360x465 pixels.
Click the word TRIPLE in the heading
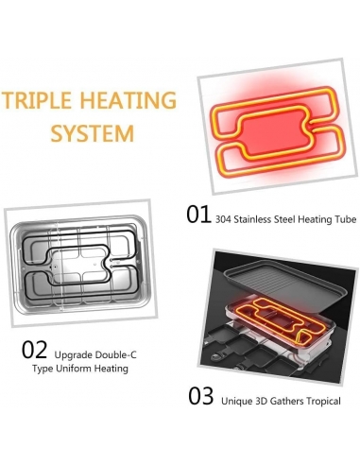[36, 100]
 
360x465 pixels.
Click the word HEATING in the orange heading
[128, 100]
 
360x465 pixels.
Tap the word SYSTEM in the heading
[93, 133]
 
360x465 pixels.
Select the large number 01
[198, 215]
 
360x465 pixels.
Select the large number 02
[34, 350]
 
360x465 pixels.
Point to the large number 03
[200, 396]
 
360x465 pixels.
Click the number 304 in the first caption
[223, 219]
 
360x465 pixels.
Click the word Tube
[346, 219]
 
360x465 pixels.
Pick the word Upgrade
[73, 355]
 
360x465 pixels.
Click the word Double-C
[115, 354]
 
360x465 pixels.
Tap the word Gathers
[287, 401]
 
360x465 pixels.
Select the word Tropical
[323, 402]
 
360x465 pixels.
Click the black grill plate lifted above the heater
[284, 281]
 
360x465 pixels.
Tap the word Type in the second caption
[43, 369]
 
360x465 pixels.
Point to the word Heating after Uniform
[111, 369]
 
